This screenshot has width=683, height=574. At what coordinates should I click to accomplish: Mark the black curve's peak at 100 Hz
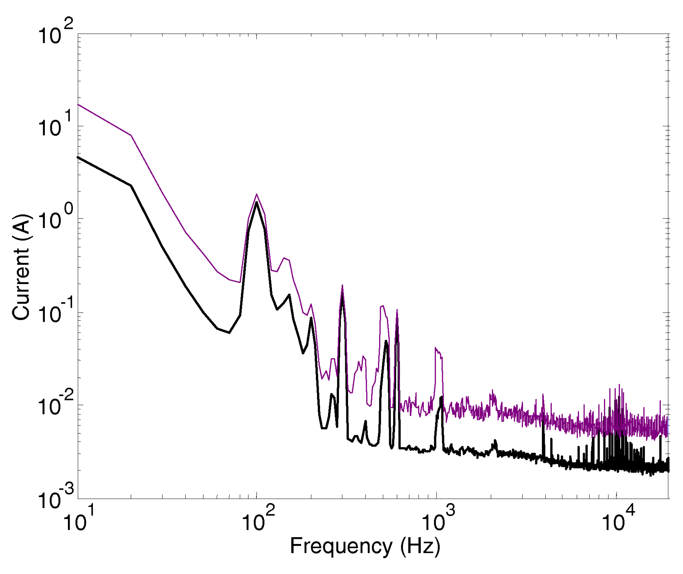point(257,202)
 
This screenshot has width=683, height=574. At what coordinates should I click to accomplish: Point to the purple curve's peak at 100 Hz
point(257,194)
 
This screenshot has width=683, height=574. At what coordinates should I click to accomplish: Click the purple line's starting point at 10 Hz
point(78,105)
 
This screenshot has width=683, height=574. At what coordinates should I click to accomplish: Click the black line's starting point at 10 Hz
point(78,158)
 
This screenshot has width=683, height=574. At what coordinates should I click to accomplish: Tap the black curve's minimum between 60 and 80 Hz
point(229,333)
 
